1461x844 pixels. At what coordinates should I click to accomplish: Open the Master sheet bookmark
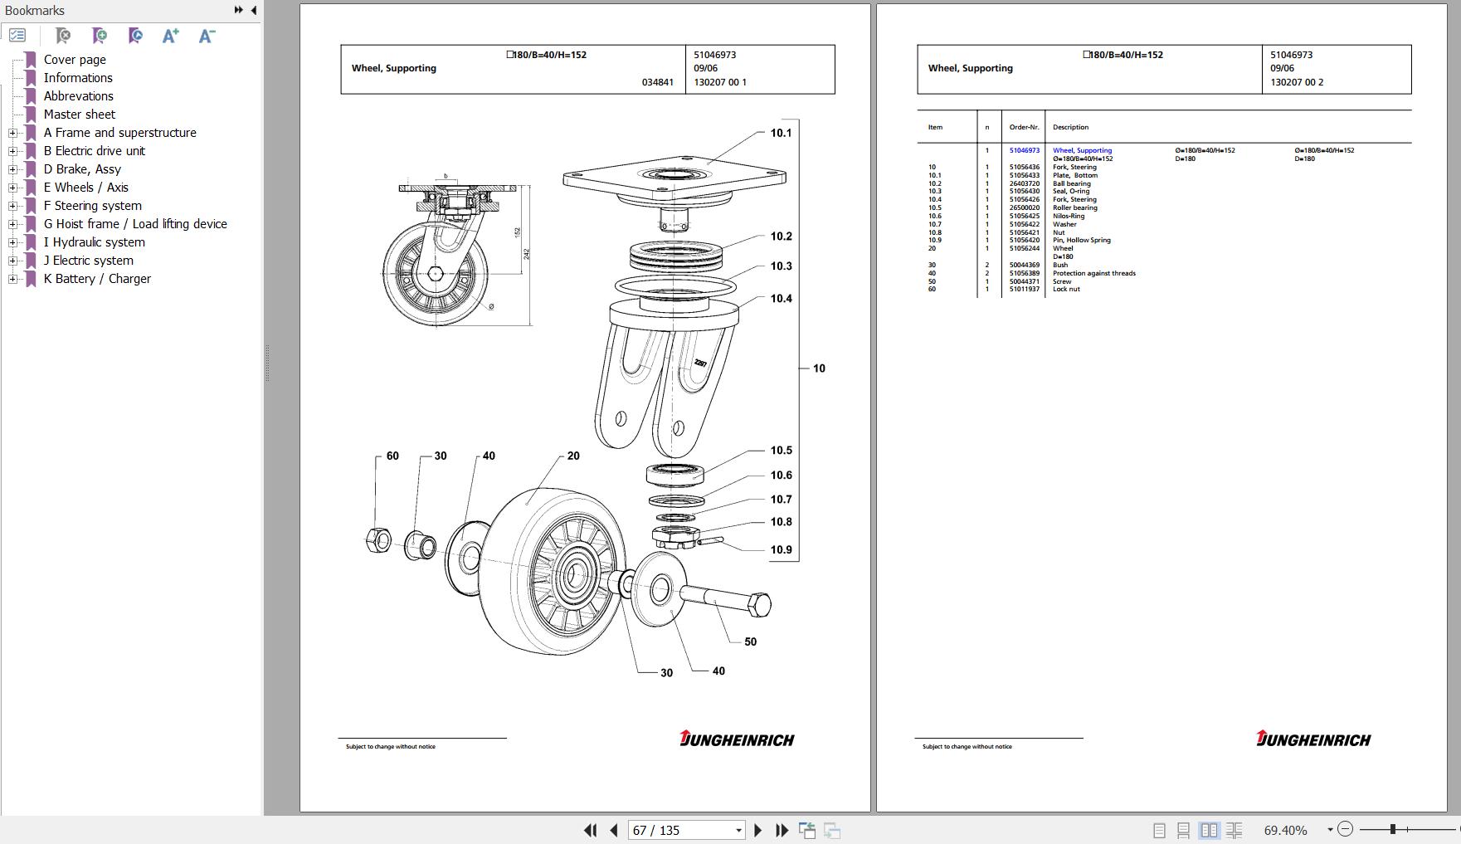(x=80, y=115)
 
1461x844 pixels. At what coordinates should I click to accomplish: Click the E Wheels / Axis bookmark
(x=86, y=188)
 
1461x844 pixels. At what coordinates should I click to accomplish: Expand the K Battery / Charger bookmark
(x=12, y=279)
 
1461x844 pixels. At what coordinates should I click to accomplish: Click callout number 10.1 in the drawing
(x=781, y=133)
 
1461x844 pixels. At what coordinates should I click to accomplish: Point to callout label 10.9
(x=781, y=549)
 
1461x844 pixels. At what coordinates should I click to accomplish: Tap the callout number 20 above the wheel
(x=573, y=456)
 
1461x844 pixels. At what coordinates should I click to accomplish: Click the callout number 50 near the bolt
(x=750, y=642)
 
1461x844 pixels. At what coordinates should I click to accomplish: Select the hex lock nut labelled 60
(x=378, y=540)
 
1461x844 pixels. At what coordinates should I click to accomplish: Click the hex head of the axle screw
(x=759, y=604)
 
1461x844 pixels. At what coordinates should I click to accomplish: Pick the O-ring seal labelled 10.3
(x=674, y=287)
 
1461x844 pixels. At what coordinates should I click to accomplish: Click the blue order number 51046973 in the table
(x=1024, y=150)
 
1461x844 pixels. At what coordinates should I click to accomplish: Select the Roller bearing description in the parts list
(x=1074, y=207)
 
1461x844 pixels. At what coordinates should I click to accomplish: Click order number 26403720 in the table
(x=1024, y=183)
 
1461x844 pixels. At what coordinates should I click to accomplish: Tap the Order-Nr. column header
(x=1024, y=127)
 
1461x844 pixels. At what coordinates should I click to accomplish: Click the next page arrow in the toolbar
(x=757, y=830)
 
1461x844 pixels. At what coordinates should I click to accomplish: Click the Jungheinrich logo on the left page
(x=737, y=739)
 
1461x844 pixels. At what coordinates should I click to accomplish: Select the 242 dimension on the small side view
(x=526, y=253)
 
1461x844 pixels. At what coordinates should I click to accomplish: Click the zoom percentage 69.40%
(x=1285, y=830)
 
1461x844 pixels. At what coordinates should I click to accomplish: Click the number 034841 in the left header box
(x=657, y=82)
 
